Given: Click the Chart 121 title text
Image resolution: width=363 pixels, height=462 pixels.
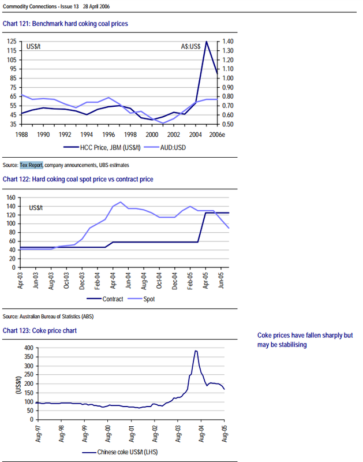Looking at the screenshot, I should (x=65, y=24).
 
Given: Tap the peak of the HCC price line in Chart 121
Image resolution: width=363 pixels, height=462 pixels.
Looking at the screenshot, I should (x=206, y=42).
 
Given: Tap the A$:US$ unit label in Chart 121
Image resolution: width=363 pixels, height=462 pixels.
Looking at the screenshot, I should (x=192, y=45).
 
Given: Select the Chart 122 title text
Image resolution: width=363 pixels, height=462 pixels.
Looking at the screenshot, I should (x=78, y=180).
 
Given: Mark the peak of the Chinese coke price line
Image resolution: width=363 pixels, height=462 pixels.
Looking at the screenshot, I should (x=196, y=351).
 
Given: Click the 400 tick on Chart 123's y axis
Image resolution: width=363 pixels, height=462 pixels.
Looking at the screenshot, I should (x=27, y=348).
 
